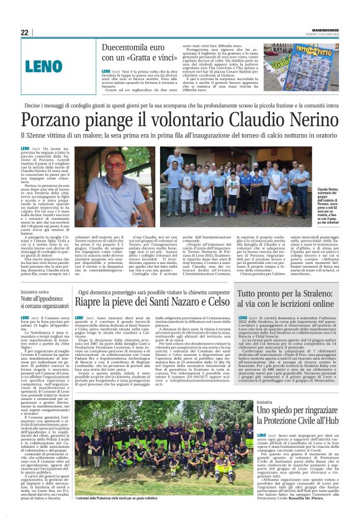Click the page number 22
tap(25, 32)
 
